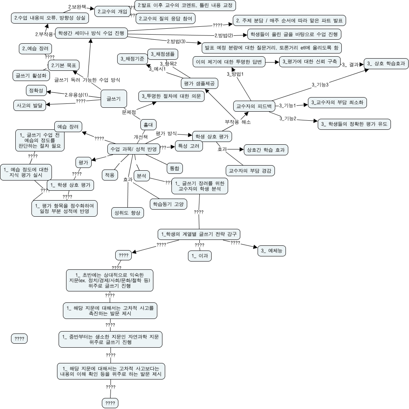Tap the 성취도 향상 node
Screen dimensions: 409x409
click(x=127, y=212)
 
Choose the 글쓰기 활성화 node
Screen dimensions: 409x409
click(x=31, y=74)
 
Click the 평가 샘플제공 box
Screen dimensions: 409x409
click(x=200, y=83)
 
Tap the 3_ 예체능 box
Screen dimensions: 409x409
click(x=272, y=251)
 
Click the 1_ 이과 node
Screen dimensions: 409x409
click(x=199, y=256)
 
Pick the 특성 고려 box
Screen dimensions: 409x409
click(x=188, y=146)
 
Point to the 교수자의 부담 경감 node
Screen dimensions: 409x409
click(x=250, y=171)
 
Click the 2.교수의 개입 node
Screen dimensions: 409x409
click(x=112, y=11)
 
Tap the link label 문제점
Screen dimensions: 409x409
click(x=129, y=112)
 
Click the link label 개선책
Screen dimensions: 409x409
click(x=141, y=137)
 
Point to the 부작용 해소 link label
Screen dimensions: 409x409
click(x=238, y=122)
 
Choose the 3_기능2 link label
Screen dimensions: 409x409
click(x=287, y=118)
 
